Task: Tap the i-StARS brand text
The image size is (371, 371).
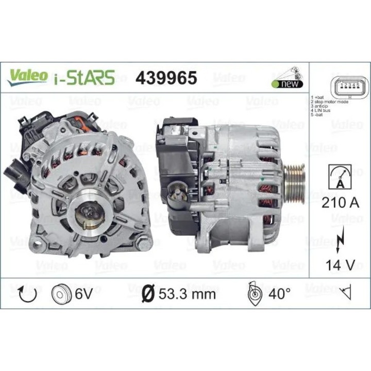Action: pos(83,77)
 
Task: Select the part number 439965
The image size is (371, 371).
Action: pos(166,77)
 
